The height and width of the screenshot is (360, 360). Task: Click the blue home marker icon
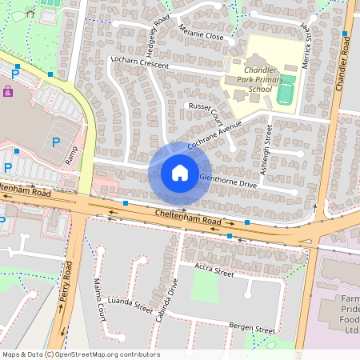[179, 173]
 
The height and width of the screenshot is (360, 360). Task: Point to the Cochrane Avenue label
[214, 134]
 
